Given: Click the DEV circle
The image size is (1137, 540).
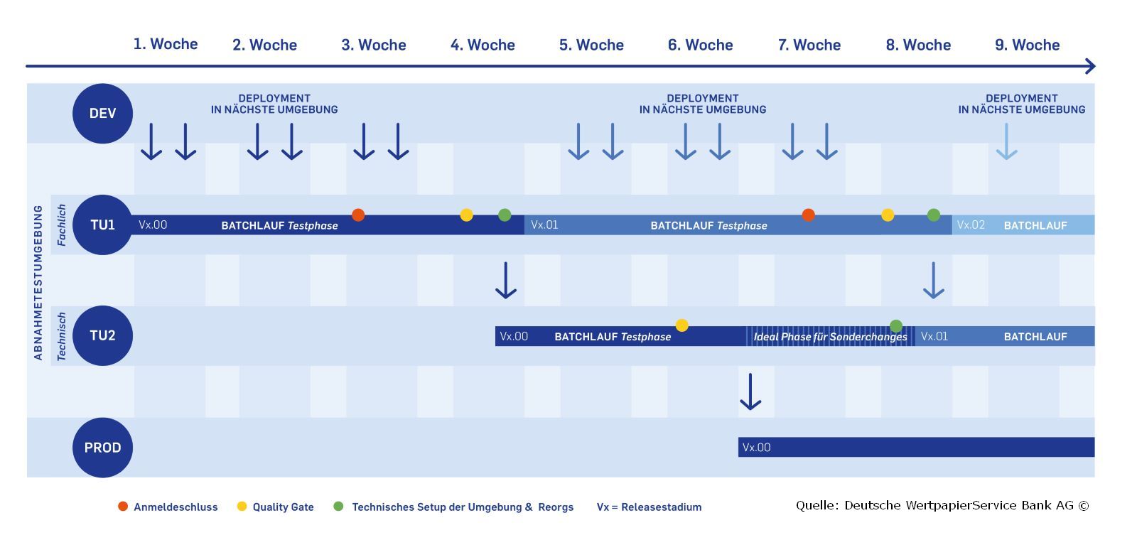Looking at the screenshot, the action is tap(102, 113).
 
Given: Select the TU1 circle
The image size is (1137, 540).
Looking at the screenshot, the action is tap(102, 225).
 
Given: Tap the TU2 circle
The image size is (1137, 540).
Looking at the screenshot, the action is tap(102, 335).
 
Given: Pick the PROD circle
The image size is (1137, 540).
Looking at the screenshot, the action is tap(102, 448).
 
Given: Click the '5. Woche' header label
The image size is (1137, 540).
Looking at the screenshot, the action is tap(591, 45).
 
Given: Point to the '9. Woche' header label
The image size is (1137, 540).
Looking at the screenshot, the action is tap(1028, 45).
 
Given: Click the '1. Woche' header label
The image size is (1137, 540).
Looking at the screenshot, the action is tap(166, 44).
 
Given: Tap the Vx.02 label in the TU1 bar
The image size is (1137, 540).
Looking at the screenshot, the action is tap(971, 225).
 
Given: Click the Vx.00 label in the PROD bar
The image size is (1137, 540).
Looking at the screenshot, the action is tap(756, 447).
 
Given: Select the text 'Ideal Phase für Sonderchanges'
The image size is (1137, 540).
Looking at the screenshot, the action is tap(831, 337).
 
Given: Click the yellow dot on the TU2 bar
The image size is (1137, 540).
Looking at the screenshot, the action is tap(681, 325).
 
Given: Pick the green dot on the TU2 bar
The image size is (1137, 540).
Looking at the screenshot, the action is tap(896, 325).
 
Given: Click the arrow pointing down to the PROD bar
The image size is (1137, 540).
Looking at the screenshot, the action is tap(750, 391).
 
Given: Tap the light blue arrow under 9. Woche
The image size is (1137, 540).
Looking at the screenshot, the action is tap(1006, 141).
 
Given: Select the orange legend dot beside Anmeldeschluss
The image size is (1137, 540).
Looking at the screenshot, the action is tap(123, 506).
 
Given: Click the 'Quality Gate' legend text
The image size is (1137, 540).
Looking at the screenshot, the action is tap(284, 507).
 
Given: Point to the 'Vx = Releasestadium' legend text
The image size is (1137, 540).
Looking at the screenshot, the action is tap(650, 507).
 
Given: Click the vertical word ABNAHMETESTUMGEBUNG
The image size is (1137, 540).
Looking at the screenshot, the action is tap(38, 283).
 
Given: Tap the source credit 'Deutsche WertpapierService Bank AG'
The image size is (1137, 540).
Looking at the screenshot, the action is tap(959, 505).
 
